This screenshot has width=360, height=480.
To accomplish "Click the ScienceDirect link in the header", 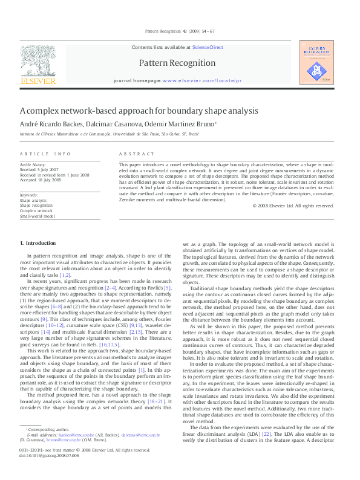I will tap(208, 47).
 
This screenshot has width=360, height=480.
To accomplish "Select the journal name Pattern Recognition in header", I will tap(177, 63).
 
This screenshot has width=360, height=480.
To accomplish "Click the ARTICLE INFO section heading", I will tap(45, 154).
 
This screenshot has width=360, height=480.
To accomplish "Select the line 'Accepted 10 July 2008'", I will tap(41, 180).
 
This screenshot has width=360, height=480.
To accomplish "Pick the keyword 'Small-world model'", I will tap(38, 216).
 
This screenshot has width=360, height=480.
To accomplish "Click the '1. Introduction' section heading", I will tap(38, 242).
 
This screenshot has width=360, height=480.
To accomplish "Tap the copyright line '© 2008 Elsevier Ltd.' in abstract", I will tap(293, 206).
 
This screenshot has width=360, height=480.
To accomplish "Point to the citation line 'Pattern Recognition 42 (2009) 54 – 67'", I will tap(180, 30).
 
